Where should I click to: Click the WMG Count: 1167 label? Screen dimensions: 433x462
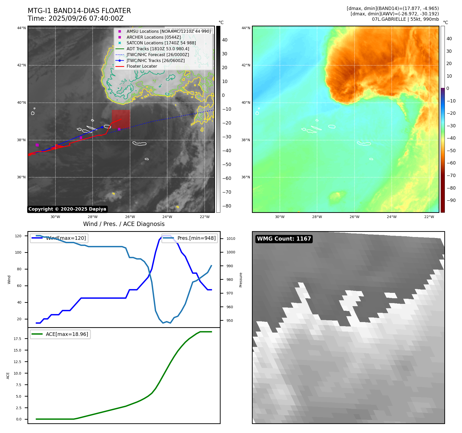click(284, 239)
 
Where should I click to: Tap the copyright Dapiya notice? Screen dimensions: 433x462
click(67, 209)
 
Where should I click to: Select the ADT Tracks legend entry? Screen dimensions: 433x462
click(158, 49)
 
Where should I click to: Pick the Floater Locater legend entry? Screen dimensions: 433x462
click(142, 66)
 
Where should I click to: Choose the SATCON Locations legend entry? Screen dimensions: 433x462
click(161, 43)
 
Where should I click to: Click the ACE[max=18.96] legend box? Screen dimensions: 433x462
click(60, 334)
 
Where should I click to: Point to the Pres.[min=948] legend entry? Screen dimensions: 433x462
click(190, 238)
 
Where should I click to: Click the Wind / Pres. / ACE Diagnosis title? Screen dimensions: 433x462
click(124, 224)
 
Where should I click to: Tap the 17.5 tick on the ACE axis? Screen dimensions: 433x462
click(18, 339)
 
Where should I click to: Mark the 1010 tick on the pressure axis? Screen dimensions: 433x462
click(231, 239)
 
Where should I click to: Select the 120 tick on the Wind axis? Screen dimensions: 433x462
click(18, 236)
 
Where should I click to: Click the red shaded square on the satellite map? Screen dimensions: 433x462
click(121, 119)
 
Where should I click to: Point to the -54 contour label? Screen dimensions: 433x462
click(123, 82)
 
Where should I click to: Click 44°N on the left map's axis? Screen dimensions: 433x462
click(22, 28)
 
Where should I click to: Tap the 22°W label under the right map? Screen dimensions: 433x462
click(429, 217)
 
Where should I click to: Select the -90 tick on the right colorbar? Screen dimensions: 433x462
click(451, 200)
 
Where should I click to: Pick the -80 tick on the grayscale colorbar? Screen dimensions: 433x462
click(227, 206)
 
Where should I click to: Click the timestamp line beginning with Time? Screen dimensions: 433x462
click(76, 18)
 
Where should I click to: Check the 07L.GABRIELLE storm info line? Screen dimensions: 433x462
click(405, 19)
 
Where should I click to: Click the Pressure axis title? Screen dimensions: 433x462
click(241, 280)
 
